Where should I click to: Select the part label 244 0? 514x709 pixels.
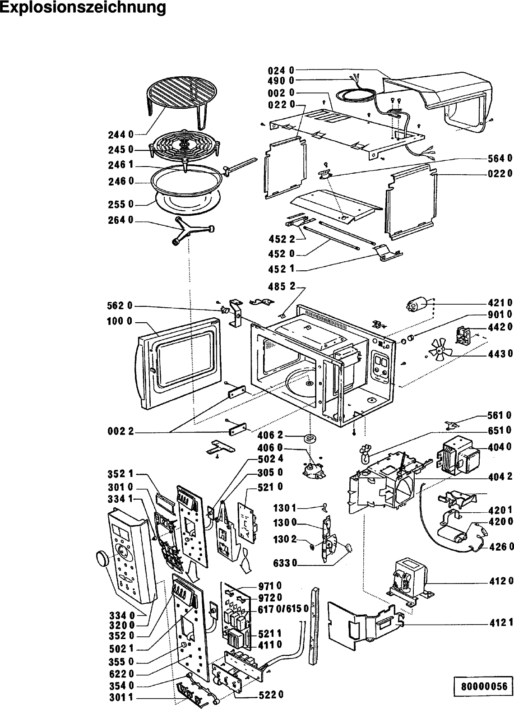120,134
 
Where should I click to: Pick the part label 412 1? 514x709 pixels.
500,624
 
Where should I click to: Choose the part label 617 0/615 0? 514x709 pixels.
283,608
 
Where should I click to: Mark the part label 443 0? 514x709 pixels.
500,353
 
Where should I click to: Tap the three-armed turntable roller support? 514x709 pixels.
189,229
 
